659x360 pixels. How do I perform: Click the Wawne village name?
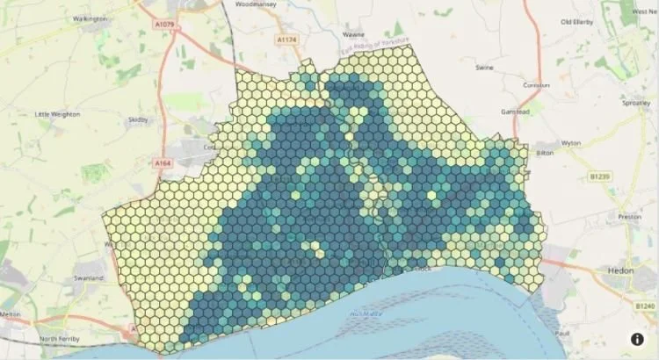[x=328, y=36]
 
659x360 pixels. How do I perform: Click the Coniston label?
[x=536, y=85]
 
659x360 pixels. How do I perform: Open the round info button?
[x=637, y=339]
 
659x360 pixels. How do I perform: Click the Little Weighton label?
[x=57, y=114]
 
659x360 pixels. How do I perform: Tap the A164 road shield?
[x=161, y=163]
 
